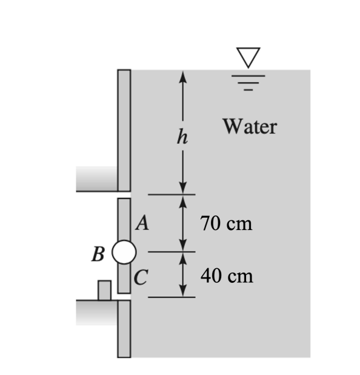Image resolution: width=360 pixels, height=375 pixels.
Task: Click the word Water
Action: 249,127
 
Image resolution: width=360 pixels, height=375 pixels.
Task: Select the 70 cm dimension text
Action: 225,224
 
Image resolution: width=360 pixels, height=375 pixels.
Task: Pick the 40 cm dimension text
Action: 226,277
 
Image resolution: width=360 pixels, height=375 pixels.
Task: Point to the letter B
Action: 96,254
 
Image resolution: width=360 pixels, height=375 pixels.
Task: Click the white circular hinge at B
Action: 124,252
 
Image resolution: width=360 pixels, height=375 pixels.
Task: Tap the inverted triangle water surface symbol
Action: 248,57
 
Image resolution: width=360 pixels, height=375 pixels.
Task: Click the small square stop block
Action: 104,290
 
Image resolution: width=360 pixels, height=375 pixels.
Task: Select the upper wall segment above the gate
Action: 124,130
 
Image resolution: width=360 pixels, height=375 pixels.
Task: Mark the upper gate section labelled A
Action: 124,218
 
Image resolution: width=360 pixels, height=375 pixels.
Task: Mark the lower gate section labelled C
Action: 124,279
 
